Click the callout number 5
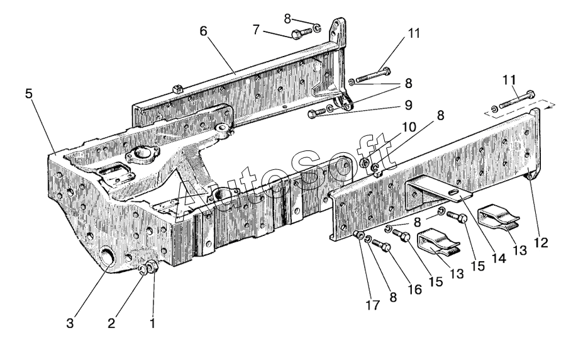click(29, 94)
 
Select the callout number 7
click(255, 30)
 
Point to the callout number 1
click(151, 324)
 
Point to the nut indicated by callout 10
click(365, 164)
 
